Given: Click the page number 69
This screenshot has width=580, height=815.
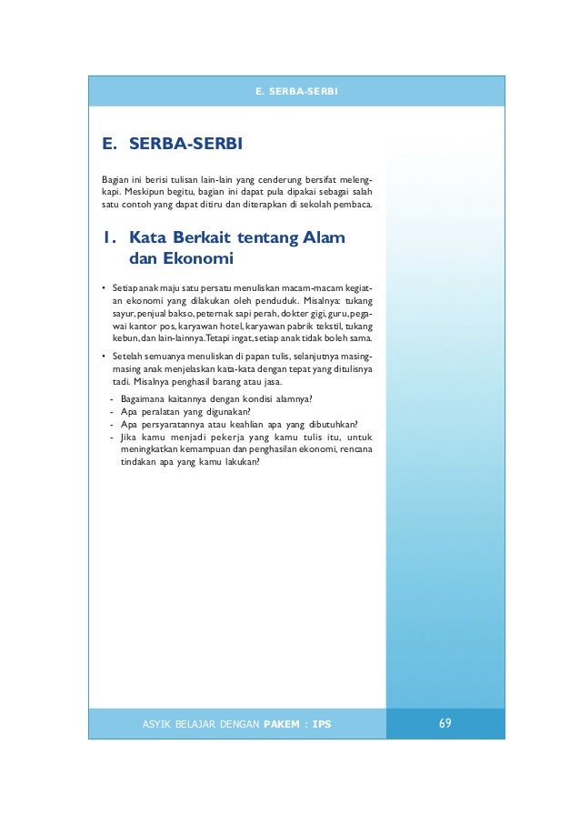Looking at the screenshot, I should pyautogui.click(x=445, y=723).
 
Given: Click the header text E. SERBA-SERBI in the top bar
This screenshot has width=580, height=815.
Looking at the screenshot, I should pyautogui.click(x=295, y=92).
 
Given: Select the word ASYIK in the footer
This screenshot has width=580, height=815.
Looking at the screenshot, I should pyautogui.click(x=160, y=724).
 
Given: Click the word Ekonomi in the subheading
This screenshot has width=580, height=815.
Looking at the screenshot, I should pyautogui.click(x=195, y=261).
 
